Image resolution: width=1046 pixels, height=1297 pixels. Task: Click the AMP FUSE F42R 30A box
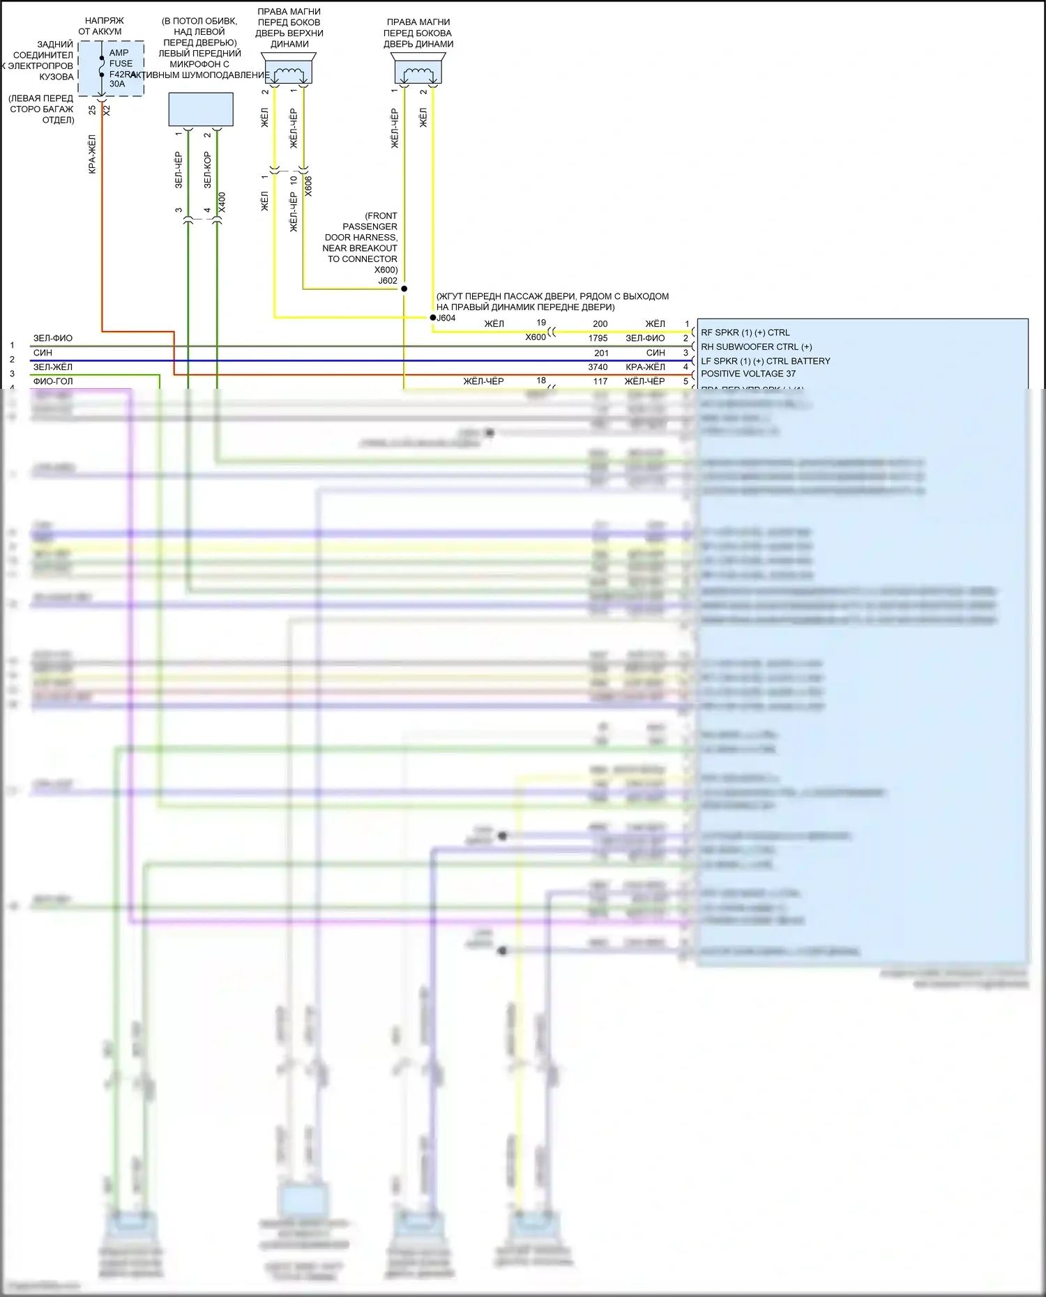coord(111,68)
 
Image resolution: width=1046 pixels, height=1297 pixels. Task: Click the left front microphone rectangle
coord(201,109)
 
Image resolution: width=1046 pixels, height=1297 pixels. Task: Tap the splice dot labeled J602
coord(404,289)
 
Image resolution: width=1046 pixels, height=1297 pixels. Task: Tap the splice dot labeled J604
coord(432,318)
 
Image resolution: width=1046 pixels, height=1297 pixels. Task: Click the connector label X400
coord(222,202)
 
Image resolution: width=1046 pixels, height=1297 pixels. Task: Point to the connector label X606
coord(308,186)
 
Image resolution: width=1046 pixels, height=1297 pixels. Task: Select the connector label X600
coord(536,337)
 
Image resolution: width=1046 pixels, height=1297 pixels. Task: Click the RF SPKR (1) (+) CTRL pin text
coord(745,332)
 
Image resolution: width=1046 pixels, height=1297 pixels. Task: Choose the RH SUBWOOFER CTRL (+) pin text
coord(756,347)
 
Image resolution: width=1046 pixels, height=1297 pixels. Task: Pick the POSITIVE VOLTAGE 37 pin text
coord(748,374)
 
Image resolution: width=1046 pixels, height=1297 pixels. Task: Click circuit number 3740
coord(598,367)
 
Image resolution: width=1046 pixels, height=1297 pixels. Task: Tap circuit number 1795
coord(598,338)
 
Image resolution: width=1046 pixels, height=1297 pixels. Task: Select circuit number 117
coord(600,381)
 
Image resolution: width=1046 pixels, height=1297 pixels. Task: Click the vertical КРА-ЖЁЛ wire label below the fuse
coord(92,154)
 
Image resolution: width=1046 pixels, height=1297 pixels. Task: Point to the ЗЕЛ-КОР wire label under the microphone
coord(207,170)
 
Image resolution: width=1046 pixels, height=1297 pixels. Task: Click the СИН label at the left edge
coord(43,353)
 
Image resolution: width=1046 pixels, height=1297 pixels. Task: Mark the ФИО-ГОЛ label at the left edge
coord(53,381)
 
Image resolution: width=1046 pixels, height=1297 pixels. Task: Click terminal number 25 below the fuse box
coord(93,110)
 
